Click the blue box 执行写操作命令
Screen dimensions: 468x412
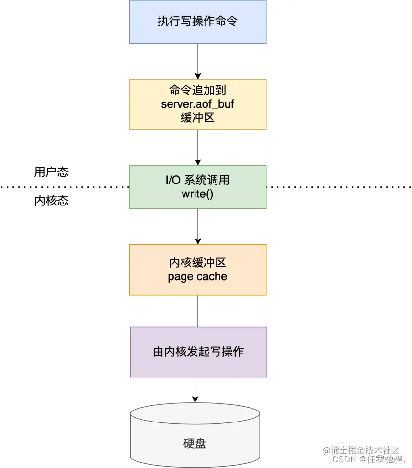pyautogui.click(x=198, y=22)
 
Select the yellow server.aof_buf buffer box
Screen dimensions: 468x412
pyautogui.click(x=198, y=104)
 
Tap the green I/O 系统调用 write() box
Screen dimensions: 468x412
pyautogui.click(x=198, y=187)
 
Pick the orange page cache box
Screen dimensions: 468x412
pyautogui.click(x=198, y=270)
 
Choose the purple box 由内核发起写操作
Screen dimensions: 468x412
pyautogui.click(x=198, y=352)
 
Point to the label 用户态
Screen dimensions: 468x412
pyautogui.click(x=51, y=172)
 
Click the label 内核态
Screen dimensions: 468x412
pyautogui.click(x=51, y=201)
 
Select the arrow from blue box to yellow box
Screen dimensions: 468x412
pyautogui.click(x=198, y=61)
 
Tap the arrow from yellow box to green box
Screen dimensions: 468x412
pyautogui.click(x=198, y=148)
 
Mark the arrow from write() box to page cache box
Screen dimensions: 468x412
pyautogui.click(x=198, y=226)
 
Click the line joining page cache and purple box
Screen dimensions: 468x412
pyautogui.click(x=198, y=311)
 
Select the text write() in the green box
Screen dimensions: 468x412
pyautogui.click(x=198, y=194)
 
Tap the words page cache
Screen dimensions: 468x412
pyautogui.click(x=198, y=276)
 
